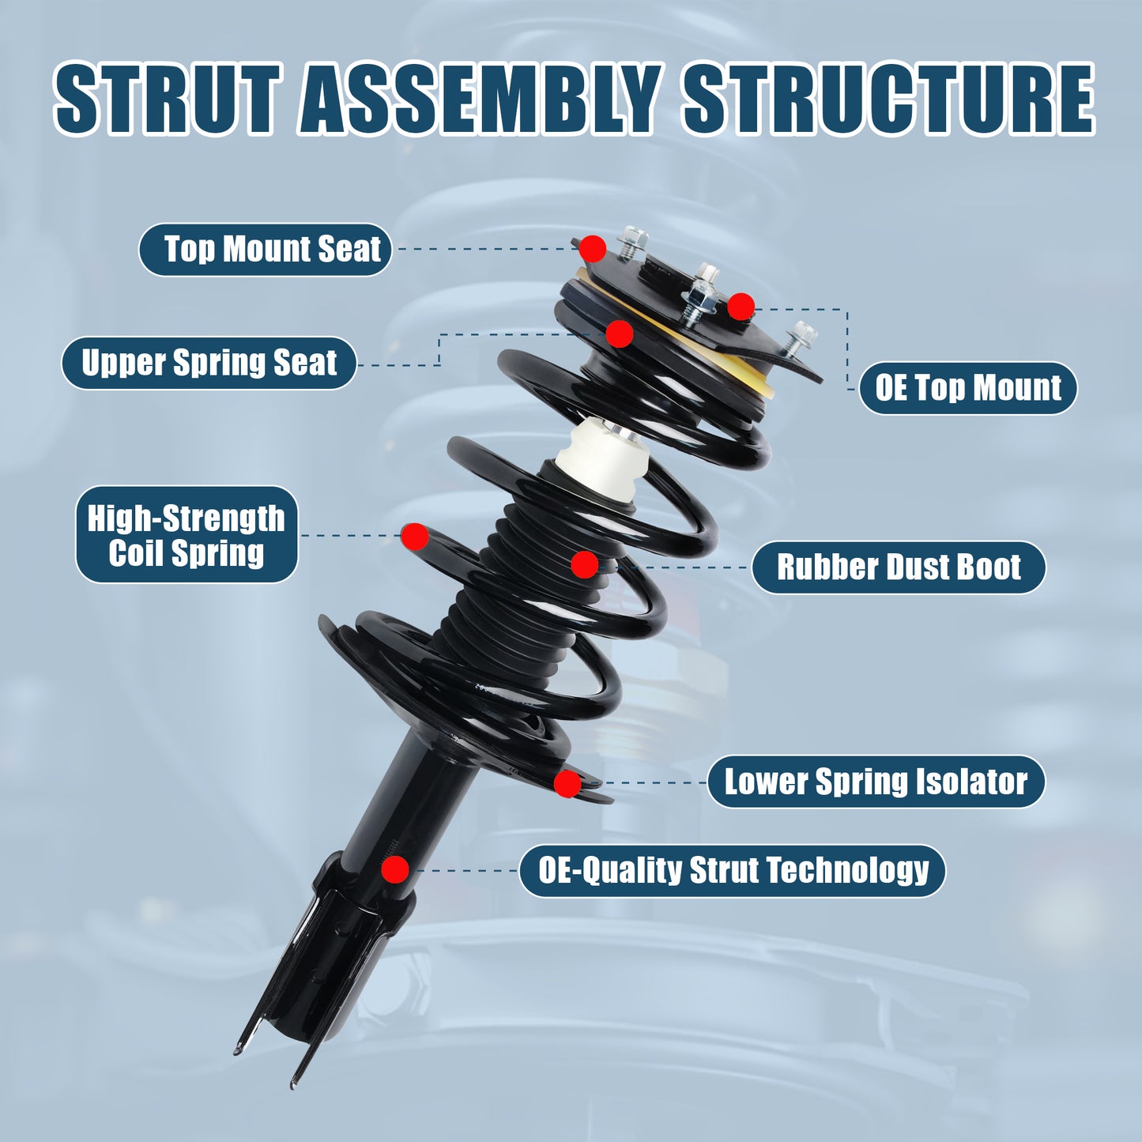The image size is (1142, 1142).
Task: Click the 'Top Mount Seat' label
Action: [266, 250]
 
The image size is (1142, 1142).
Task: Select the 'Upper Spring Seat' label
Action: [209, 364]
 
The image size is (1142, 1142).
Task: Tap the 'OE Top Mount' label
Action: [967, 388]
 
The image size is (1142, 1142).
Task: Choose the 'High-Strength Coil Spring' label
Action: [187, 535]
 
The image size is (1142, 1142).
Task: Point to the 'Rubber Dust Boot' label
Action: [898, 567]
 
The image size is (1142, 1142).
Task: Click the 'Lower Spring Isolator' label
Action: [876, 782]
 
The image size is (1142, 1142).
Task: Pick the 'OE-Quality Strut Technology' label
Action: [732, 870]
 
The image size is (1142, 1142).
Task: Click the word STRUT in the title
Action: [168, 99]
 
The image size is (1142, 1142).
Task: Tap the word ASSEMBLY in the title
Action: [479, 99]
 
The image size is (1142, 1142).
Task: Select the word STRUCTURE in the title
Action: [888, 99]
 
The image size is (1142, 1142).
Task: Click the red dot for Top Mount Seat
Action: [592, 249]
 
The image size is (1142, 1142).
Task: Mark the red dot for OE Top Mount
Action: [741, 306]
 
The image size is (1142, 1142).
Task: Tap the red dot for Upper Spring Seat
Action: [620, 334]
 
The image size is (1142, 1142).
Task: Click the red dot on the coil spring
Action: [414, 536]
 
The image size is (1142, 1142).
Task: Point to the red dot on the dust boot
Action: [584, 564]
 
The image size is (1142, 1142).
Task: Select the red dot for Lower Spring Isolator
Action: [567, 783]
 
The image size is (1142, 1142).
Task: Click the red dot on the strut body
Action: [395, 869]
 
